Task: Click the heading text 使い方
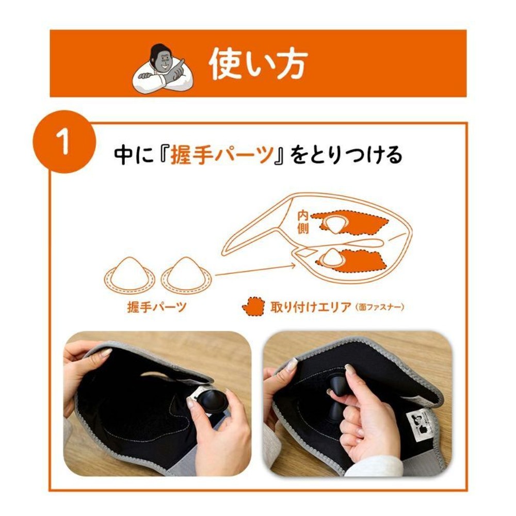point(258,64)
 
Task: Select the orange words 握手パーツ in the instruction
point(222,154)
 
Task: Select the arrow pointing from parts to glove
point(255,270)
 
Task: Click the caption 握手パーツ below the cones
point(157,308)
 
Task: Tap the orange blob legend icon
point(253,307)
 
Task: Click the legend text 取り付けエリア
point(311,308)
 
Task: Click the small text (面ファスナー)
point(380,308)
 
